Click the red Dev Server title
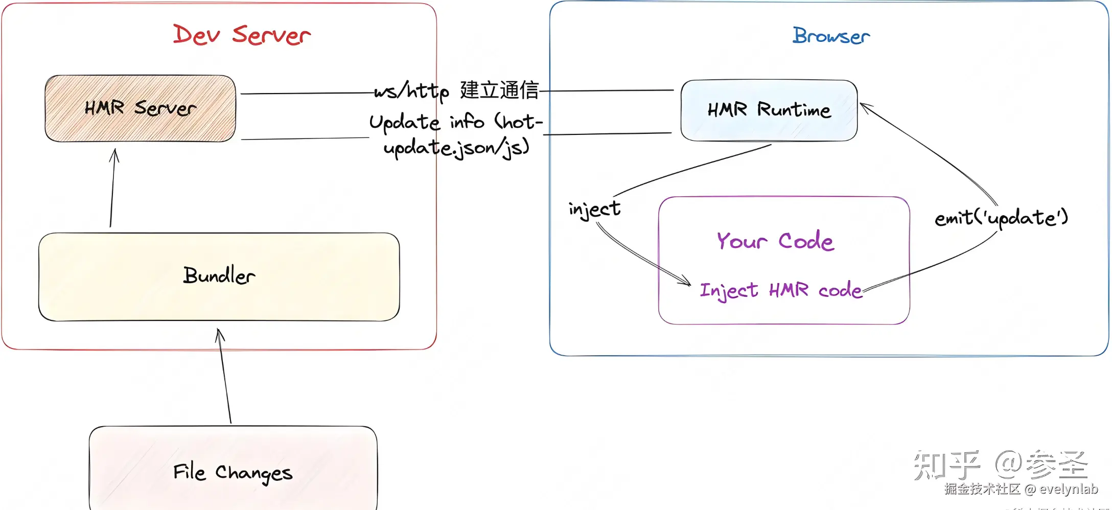click(x=242, y=35)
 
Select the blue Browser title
click(x=831, y=36)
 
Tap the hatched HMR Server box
click(x=140, y=108)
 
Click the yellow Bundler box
click(x=219, y=276)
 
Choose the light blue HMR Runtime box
click(x=769, y=110)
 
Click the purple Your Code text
click(x=775, y=240)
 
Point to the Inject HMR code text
click(x=781, y=290)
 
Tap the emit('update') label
click(x=1001, y=218)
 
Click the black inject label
click(x=594, y=208)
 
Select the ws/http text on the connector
click(x=411, y=91)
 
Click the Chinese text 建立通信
click(x=499, y=90)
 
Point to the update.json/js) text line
click(x=456, y=148)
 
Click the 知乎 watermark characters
click(x=946, y=465)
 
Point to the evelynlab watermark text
click(x=1069, y=489)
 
